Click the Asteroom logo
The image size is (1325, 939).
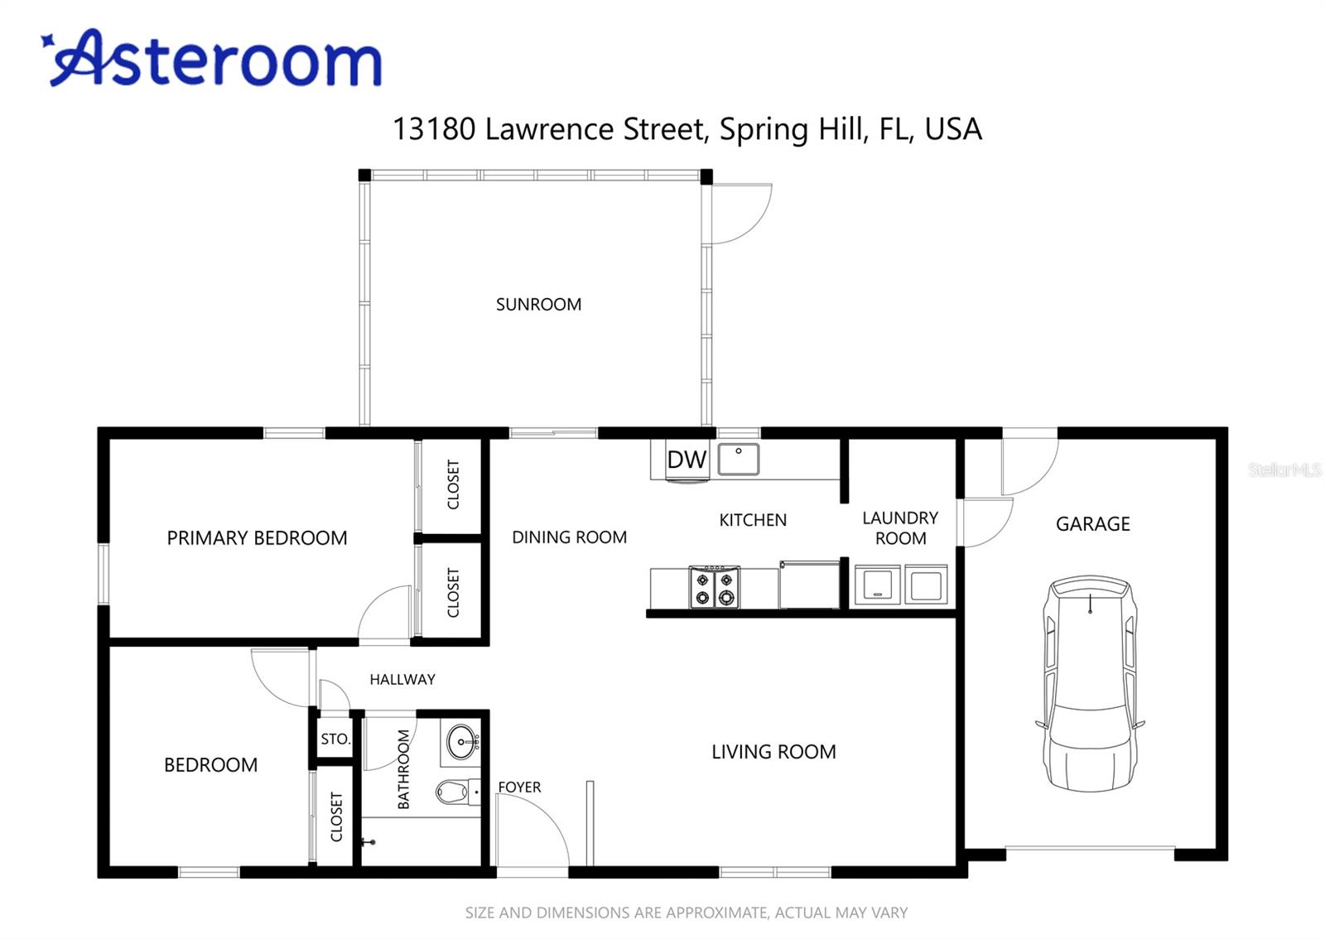[211, 58]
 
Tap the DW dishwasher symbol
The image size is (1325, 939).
[687, 460]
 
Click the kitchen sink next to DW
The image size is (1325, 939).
[738, 459]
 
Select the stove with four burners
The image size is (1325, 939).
[715, 586]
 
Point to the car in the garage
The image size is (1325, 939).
[1090, 684]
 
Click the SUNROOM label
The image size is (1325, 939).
[538, 305]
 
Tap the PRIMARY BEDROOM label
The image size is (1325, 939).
[257, 538]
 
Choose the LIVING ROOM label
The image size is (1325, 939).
[773, 752]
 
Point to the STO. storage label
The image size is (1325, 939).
[335, 739]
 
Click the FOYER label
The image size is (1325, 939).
[519, 787]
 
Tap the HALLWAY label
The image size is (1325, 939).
[402, 680]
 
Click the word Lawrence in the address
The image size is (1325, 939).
[550, 129]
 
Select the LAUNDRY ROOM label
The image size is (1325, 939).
[900, 528]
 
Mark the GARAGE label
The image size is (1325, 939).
[1092, 524]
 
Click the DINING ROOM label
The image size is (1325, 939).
[569, 537]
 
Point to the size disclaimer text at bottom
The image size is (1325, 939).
[687, 913]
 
